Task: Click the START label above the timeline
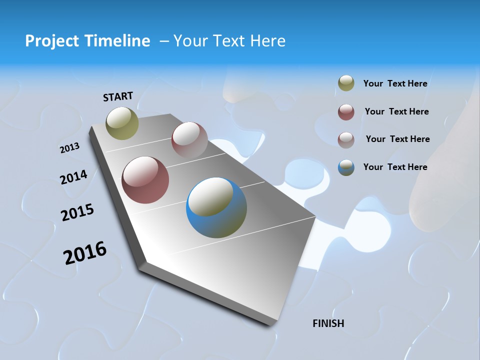118,96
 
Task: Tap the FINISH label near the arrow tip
328,323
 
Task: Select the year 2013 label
69,148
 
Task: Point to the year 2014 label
73,177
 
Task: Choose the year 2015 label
77,212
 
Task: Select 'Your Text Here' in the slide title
229,41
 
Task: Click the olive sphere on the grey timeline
122,123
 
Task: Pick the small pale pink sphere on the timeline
189,140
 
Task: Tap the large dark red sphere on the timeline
145,180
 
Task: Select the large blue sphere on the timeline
216,207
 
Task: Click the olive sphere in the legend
346,83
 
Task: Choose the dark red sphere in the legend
346,112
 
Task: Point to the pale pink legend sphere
346,139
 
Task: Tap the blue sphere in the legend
346,167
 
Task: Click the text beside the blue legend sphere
395,167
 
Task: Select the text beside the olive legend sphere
395,83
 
